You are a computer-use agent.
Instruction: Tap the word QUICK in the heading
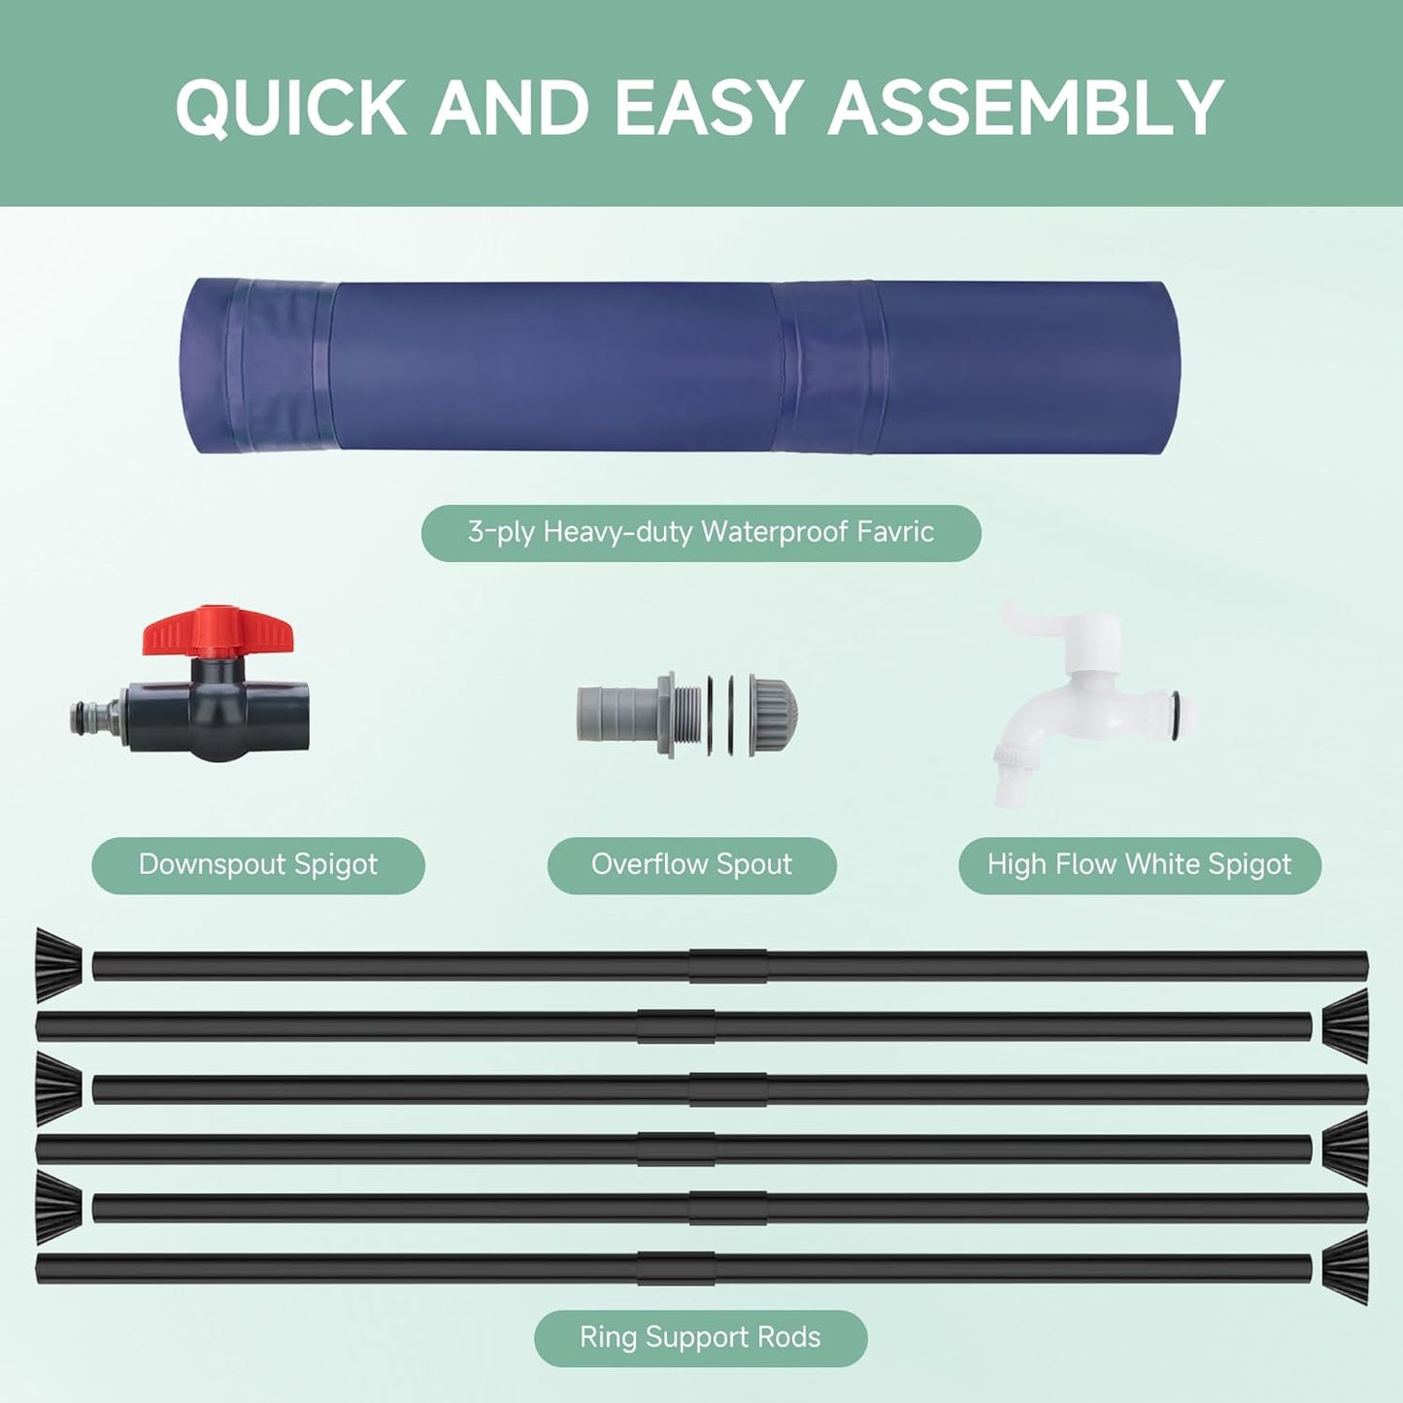(x=290, y=107)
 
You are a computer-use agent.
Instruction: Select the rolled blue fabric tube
(x=680, y=367)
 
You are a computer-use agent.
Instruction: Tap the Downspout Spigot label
(x=258, y=864)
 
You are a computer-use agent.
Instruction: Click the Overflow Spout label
(x=691, y=864)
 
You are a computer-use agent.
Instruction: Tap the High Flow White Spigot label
(x=1139, y=864)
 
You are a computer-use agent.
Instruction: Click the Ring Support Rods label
(x=700, y=1337)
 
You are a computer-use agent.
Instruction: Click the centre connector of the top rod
(x=728, y=966)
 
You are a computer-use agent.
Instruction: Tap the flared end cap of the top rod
(x=58, y=965)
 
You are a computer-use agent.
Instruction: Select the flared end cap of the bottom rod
(x=1345, y=1268)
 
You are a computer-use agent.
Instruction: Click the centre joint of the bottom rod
(x=677, y=1268)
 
